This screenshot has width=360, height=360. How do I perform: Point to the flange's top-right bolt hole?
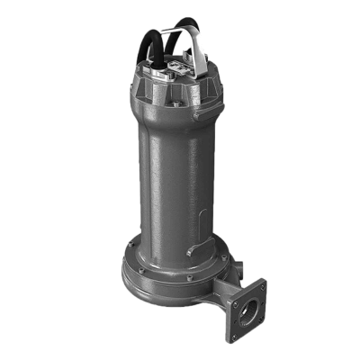click(x=262, y=285)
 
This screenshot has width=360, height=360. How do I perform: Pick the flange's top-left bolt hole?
click(x=232, y=282)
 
